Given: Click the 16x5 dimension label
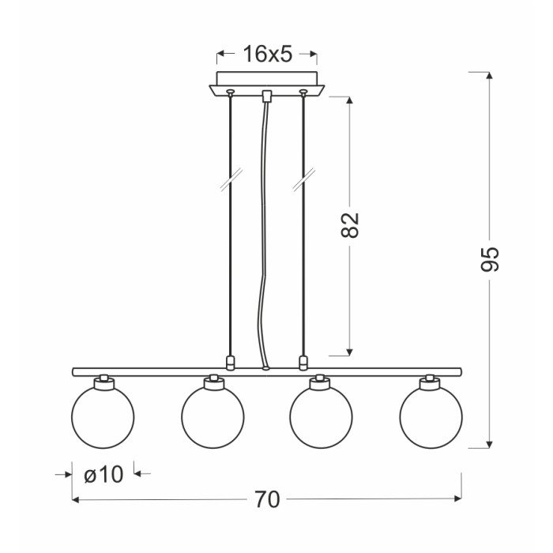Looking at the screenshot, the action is (x=268, y=55).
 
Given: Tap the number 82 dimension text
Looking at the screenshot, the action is (x=350, y=225).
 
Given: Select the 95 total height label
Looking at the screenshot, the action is (x=490, y=259).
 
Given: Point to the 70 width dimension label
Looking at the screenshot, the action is (x=267, y=499).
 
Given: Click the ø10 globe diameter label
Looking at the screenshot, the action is (x=103, y=474).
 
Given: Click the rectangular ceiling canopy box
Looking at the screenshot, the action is (x=267, y=78).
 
